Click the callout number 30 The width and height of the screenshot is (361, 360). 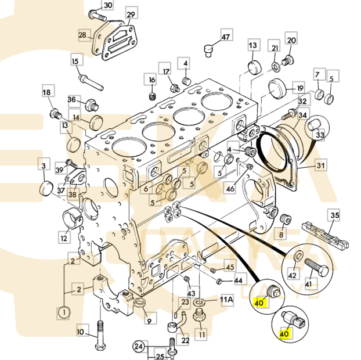click(108, 5)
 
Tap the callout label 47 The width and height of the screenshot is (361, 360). click(226, 37)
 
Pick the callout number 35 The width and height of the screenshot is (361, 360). click(334, 215)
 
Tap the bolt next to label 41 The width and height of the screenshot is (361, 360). click(316, 269)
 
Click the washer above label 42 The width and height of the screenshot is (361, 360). click(298, 257)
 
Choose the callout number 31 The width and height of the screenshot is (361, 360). click(321, 165)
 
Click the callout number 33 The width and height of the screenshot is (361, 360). click(320, 135)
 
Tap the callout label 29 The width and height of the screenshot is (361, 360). click(131, 15)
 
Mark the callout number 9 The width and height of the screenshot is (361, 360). click(149, 319)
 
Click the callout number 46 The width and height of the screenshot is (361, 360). click(230, 188)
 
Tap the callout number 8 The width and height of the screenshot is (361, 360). click(281, 235)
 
